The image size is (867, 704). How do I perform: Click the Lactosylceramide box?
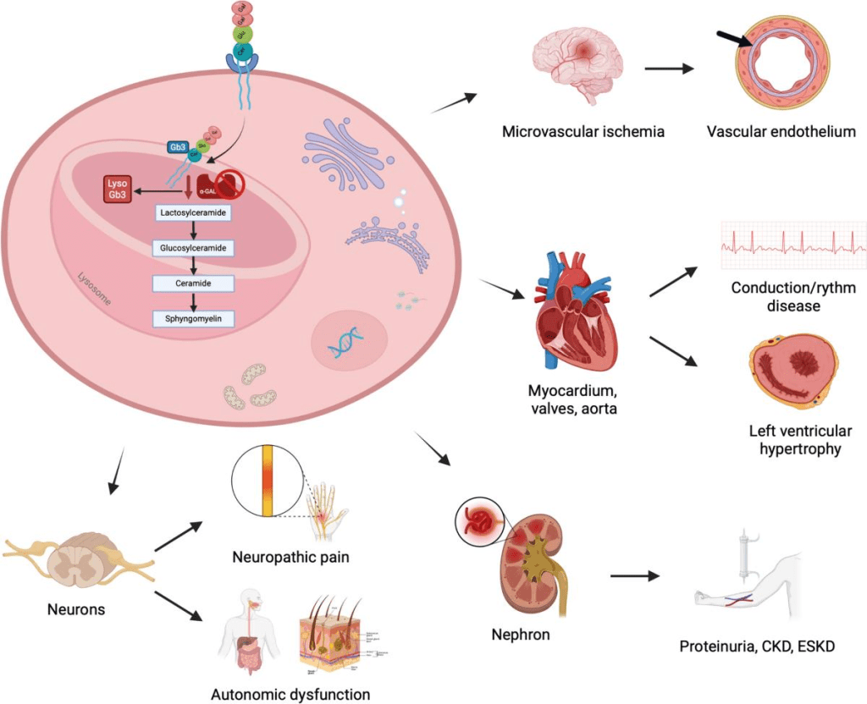point(194,213)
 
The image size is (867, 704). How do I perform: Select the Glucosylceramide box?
point(194,248)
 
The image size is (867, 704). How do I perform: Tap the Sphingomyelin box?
point(194,318)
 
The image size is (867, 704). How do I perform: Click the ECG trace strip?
point(792,240)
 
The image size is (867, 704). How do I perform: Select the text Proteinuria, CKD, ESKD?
point(768,648)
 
